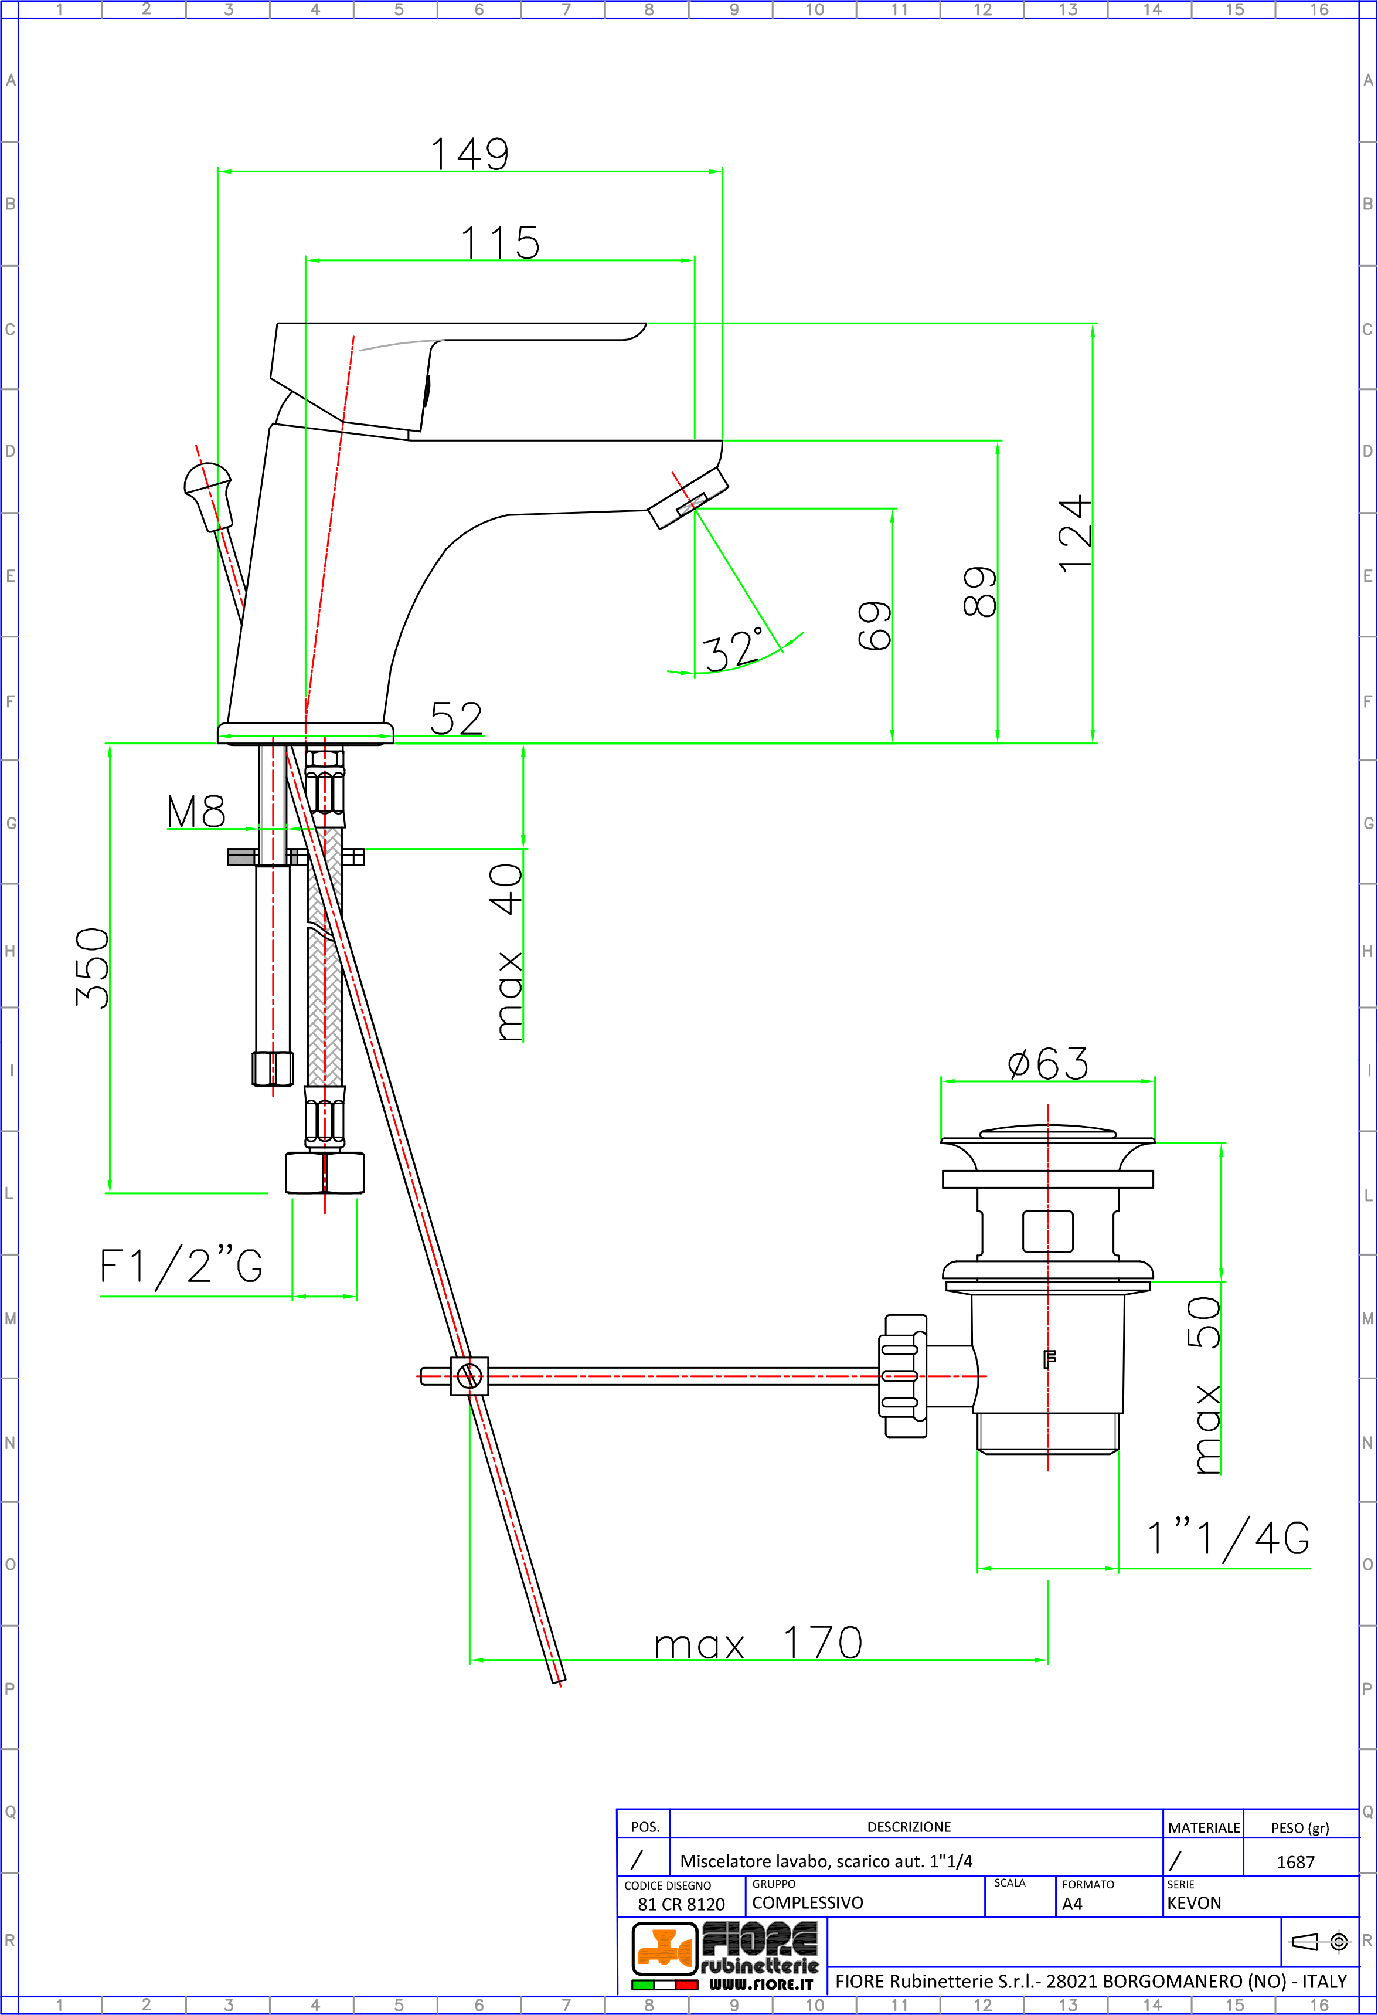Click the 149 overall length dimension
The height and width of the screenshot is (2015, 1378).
pos(469,154)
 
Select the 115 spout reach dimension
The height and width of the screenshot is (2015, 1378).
pos(500,243)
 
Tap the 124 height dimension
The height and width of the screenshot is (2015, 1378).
pos(1074,533)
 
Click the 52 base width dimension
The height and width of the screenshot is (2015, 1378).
pos(456,719)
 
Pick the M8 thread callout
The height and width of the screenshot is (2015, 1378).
pos(196,812)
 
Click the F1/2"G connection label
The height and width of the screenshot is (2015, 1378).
pos(181,1266)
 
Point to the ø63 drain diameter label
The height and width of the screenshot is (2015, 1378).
pos(1048,1063)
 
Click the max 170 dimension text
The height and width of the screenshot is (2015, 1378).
pos(758,1643)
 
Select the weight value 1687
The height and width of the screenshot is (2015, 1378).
pos(1296,1861)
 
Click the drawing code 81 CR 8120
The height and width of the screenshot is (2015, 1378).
pos(681,1904)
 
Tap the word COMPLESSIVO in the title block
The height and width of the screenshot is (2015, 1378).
pos(807,1902)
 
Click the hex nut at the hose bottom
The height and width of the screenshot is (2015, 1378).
pos(325,1172)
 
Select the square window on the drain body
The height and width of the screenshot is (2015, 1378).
pos(1048,1231)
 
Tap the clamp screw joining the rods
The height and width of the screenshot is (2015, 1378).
pos(469,1376)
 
